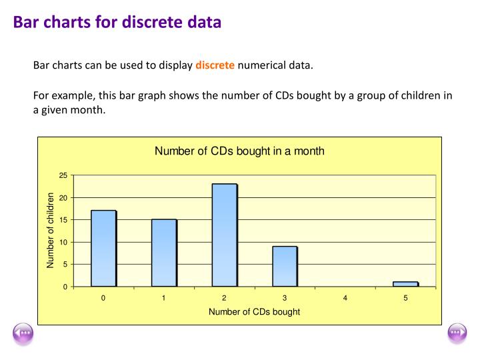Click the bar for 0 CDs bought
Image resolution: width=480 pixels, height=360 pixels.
pyautogui.click(x=104, y=248)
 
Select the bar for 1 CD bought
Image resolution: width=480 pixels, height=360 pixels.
pyautogui.click(x=165, y=253)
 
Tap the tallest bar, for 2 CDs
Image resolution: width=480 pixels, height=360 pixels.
pyautogui.click(x=225, y=235)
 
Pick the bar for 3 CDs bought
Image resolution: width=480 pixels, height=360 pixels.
pyautogui.click(x=285, y=266)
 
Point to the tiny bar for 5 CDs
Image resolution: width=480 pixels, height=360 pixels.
pyautogui.click(x=406, y=284)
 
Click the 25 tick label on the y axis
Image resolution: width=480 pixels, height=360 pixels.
pyautogui.click(x=63, y=175)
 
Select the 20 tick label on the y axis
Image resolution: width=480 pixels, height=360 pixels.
pyautogui.click(x=63, y=198)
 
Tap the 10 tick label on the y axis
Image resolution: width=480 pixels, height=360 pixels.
pyautogui.click(x=63, y=242)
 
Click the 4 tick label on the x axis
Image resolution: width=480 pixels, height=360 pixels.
pyautogui.click(x=345, y=298)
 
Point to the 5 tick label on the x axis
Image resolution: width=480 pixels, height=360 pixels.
pyautogui.click(x=405, y=298)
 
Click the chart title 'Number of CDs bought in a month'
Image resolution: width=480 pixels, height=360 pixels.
pyautogui.click(x=239, y=151)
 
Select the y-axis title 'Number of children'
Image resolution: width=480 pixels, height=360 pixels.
pyautogui.click(x=50, y=230)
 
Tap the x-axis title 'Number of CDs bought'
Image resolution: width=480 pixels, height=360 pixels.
pyautogui.click(x=255, y=311)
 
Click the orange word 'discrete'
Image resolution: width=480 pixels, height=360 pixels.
pyautogui.click(x=215, y=65)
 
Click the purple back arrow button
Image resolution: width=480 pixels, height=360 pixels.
pyautogui.click(x=23, y=334)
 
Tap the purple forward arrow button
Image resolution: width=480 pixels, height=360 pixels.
pyautogui.click(x=457, y=334)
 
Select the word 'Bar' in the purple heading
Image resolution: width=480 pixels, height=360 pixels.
pyautogui.click(x=26, y=22)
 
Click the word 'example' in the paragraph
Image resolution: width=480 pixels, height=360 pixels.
pyautogui.click(x=73, y=96)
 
